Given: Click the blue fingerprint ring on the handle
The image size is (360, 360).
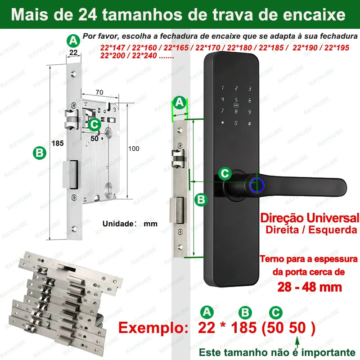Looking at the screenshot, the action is pos(257,184).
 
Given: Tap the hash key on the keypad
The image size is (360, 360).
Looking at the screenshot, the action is pos(250,124).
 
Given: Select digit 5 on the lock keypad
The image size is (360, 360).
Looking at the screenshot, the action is pos(236,99).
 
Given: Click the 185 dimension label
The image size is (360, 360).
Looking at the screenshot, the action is pos(58,143).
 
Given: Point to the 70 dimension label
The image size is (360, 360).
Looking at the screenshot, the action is pos(99,92).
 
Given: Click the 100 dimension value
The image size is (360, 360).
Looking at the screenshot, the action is pos(134,149).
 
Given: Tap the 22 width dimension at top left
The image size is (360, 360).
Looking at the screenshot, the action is pos(73,53).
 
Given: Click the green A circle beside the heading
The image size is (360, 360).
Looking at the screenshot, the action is pos(73,41).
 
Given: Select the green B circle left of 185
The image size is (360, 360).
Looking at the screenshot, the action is pos(40,153).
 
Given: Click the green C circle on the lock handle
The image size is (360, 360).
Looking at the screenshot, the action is pos(225,174).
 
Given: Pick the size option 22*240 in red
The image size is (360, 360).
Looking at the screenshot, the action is pos(144,55).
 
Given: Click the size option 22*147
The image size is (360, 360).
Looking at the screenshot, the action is pos(113,48).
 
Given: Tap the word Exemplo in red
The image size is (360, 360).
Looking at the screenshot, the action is pos(153,328).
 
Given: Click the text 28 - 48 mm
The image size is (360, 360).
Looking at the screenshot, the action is pos(310,287).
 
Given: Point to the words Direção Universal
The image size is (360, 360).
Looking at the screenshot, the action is pos(310,218).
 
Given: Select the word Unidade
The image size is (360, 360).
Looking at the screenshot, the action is pos(118,224).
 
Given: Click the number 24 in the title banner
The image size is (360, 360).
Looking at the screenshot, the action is pos(87,15).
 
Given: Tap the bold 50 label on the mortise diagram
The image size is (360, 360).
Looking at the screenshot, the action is pos(94,139).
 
